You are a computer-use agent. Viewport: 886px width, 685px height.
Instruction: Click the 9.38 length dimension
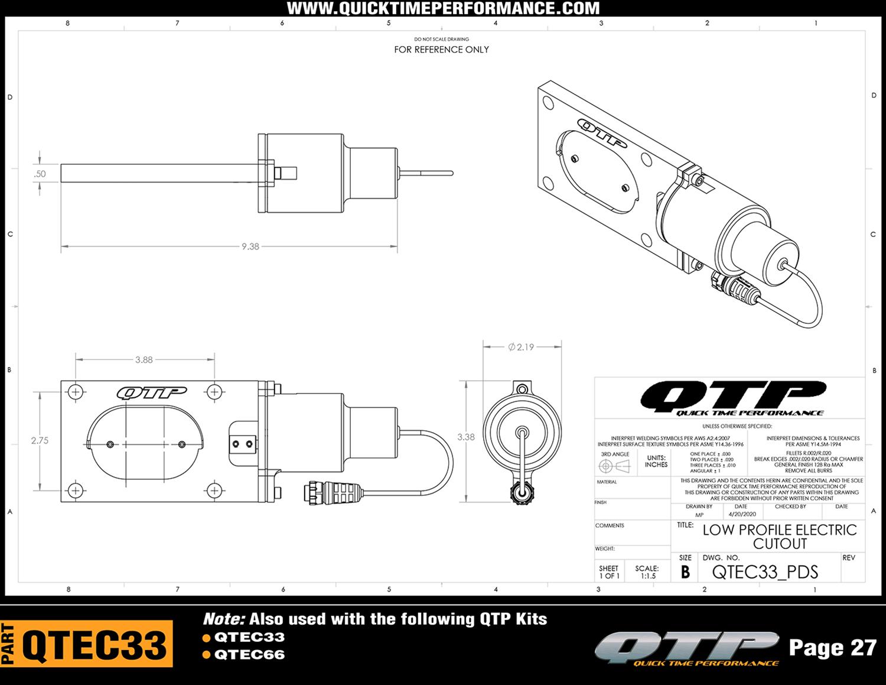pos(250,246)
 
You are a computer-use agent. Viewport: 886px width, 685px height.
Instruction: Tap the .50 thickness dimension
pos(40,174)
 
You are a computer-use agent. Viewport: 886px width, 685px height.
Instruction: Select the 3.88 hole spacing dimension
pos(144,359)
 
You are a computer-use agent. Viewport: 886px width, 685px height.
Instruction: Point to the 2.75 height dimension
pos(40,440)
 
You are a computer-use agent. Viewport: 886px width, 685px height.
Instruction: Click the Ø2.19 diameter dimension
pos(521,347)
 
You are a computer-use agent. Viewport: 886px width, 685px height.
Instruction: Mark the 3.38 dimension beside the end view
pos(465,437)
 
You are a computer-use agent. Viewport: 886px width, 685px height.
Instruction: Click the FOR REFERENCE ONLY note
pos(441,50)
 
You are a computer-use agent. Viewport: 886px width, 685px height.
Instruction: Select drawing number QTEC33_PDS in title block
pos(765,572)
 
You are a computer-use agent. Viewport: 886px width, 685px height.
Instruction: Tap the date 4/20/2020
pos(742,514)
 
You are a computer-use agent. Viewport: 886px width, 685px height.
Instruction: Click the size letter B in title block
pos(685,572)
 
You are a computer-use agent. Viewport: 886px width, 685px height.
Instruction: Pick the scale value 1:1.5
pos(647,576)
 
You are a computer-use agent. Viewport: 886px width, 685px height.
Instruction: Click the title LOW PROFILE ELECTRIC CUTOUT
pos(779,537)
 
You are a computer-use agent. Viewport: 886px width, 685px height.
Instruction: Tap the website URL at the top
pos(443,8)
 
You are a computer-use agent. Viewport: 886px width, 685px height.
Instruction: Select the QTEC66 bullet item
pos(249,655)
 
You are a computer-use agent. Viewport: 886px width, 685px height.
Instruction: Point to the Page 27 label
pos(832,648)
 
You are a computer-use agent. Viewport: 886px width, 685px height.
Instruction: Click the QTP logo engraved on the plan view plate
pos(151,392)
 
